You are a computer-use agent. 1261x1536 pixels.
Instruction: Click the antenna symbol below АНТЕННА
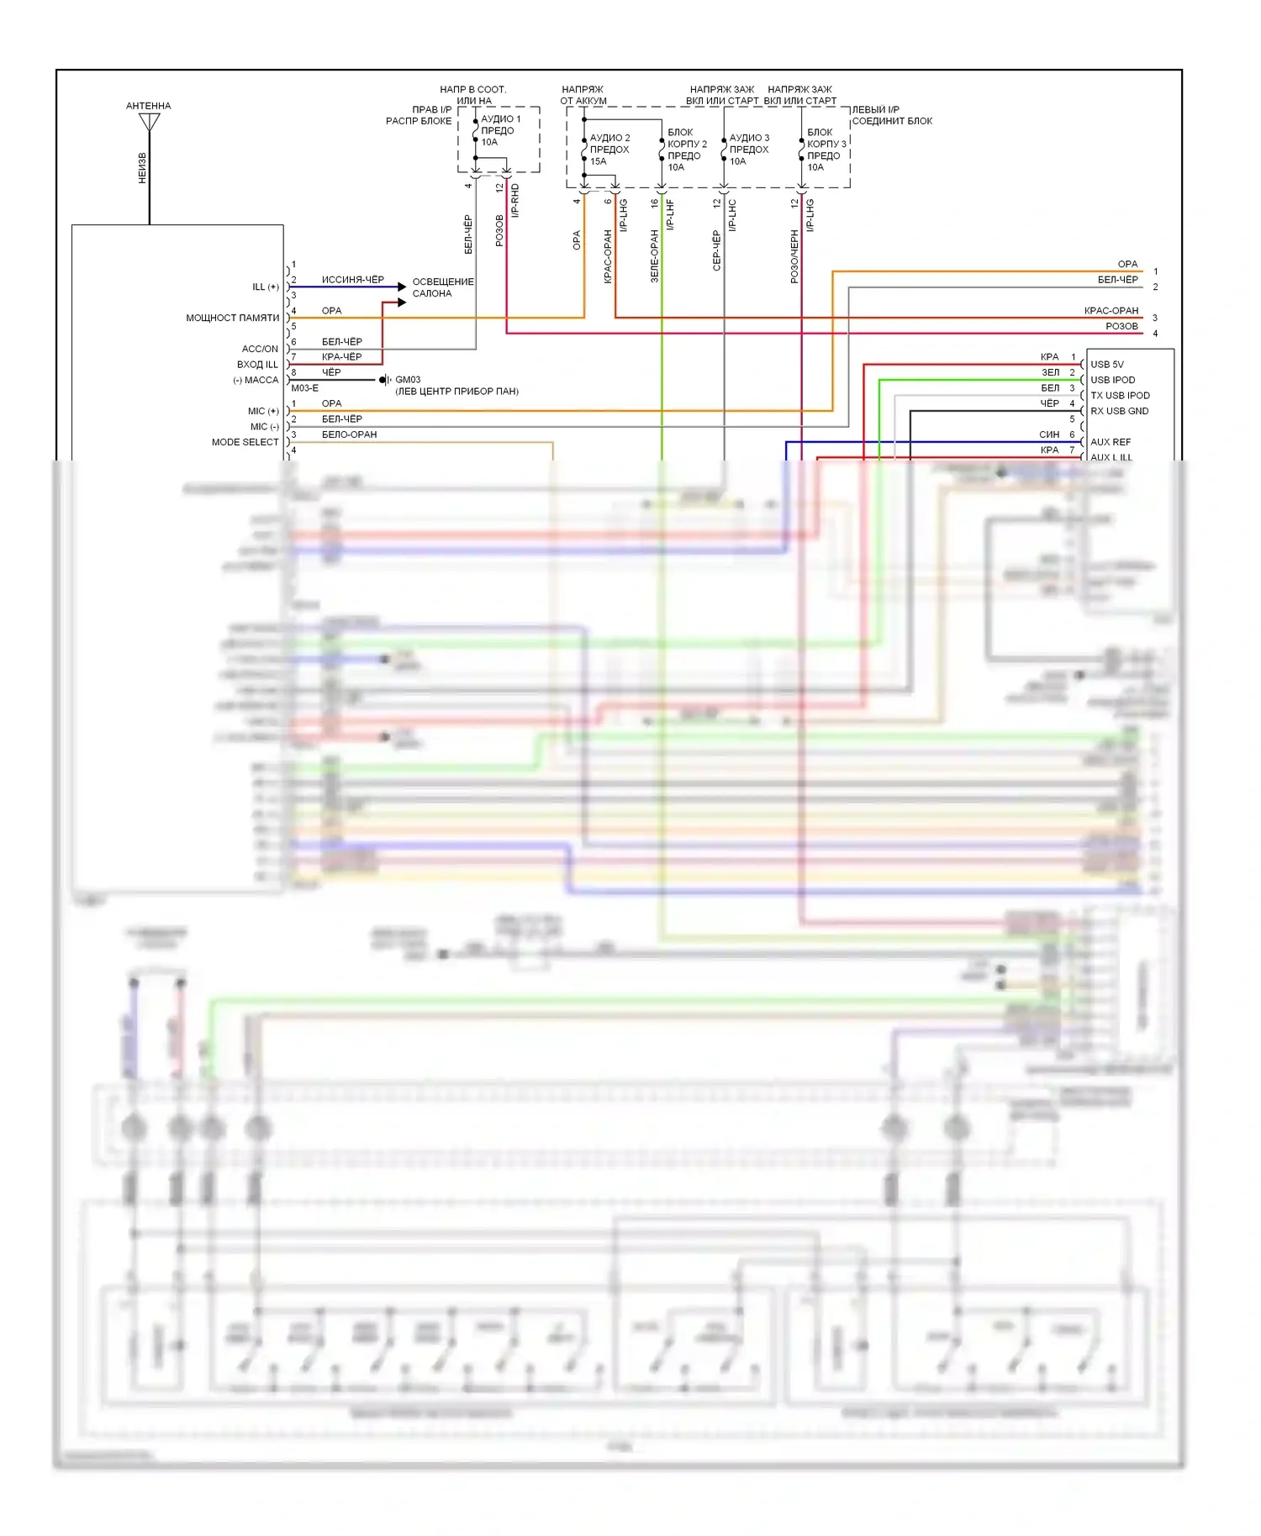tap(149, 123)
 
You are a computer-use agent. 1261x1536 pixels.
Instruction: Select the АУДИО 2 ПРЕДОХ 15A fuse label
tap(609, 150)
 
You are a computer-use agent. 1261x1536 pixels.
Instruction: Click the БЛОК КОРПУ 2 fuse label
tap(686, 150)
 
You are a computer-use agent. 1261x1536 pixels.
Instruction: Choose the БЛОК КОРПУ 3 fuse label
tap(826, 150)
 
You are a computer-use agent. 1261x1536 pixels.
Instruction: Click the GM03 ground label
tap(408, 380)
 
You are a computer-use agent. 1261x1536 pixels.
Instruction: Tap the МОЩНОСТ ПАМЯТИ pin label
tap(232, 318)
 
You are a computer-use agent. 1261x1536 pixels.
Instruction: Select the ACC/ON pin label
tap(260, 349)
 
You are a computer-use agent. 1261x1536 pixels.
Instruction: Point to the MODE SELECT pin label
tap(245, 442)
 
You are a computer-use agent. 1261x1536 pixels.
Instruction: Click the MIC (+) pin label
tap(263, 411)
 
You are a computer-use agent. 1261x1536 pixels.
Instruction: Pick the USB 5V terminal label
tap(1106, 365)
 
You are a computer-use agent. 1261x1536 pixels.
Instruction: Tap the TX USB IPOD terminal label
tap(1120, 396)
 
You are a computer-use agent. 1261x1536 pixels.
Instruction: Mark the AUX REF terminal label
tap(1110, 442)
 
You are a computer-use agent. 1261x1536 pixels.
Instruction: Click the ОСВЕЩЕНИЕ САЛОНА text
tap(442, 287)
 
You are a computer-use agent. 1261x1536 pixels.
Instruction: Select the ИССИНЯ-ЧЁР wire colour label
tap(352, 280)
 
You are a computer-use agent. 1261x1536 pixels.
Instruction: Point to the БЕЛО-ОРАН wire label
tap(349, 434)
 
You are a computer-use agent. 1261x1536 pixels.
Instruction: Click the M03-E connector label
tap(304, 388)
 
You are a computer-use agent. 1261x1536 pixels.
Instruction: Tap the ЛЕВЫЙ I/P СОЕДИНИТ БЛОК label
tap(891, 115)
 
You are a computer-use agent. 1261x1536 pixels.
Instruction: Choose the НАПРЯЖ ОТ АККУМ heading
tap(583, 95)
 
